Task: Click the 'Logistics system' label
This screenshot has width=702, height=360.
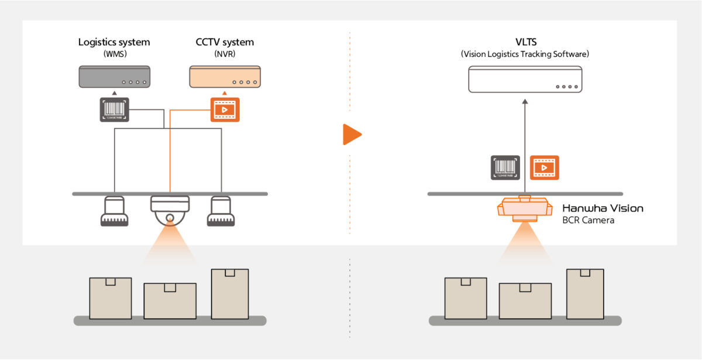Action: click(x=114, y=42)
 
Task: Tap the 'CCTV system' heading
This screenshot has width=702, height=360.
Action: click(x=225, y=42)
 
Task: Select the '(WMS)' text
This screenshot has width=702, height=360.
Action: click(x=114, y=54)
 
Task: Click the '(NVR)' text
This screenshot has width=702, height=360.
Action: click(x=225, y=54)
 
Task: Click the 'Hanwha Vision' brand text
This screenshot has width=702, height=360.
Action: click(x=603, y=208)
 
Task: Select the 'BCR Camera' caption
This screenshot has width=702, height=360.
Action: click(x=589, y=221)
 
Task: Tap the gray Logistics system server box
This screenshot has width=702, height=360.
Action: click(x=115, y=77)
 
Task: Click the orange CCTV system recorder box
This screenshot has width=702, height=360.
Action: click(x=225, y=77)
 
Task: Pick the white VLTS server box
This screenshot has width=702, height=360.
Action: click(x=525, y=79)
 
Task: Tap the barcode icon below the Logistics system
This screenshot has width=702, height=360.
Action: click(x=115, y=109)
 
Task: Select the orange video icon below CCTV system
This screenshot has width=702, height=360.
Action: click(x=225, y=109)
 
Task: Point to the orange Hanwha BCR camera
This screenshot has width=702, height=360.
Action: click(x=524, y=208)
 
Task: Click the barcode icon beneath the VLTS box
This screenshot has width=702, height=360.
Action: click(x=505, y=167)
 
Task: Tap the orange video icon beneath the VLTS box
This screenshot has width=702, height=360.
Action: click(x=544, y=167)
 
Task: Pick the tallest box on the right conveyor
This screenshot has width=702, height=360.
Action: click(x=585, y=294)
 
